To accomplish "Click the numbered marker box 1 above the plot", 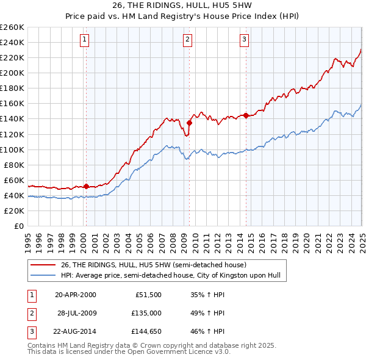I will coord(84,40).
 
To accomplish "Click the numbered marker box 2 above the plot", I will coord(187,40).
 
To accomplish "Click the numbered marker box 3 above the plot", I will coord(244,40).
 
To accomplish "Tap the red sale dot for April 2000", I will coord(86,186).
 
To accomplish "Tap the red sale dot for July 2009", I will coord(189,123).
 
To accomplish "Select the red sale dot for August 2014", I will coord(246,115).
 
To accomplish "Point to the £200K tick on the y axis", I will coord(13,73).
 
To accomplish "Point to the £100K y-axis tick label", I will coord(13,149).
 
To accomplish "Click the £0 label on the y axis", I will coord(18,226).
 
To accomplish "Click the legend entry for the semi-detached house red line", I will coord(153,265).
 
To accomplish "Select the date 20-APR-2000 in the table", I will coord(75,295).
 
